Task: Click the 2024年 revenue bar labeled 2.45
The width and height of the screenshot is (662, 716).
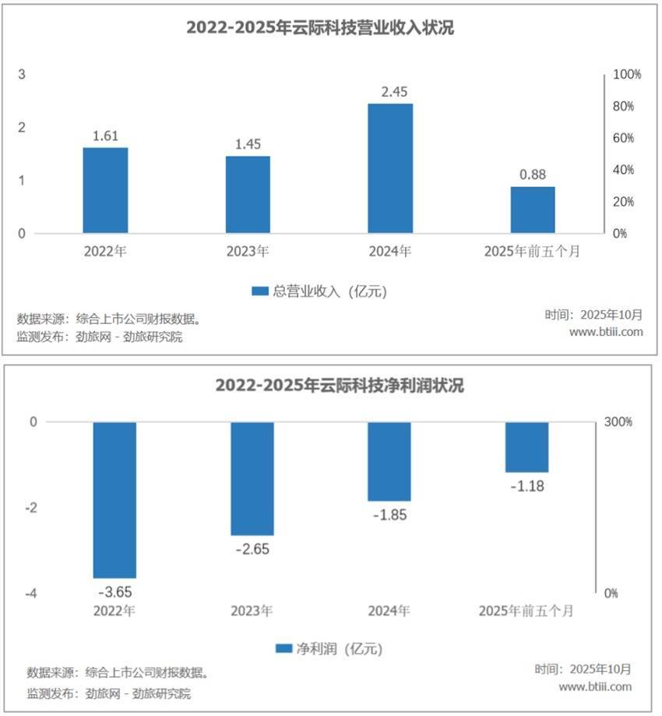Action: tap(390, 168)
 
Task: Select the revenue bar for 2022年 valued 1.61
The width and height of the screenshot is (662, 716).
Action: tap(105, 190)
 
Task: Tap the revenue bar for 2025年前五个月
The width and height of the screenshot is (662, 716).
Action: tap(533, 210)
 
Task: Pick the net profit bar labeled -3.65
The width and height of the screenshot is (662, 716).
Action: tap(114, 499)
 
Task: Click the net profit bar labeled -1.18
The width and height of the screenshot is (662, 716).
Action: tap(526, 447)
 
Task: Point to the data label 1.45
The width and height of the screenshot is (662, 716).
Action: tap(248, 144)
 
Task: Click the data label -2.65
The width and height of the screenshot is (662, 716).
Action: tap(252, 548)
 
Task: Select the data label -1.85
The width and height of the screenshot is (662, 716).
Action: tap(389, 515)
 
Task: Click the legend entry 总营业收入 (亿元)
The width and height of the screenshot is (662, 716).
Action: tap(319, 291)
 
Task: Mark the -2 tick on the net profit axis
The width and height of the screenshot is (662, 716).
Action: tap(31, 508)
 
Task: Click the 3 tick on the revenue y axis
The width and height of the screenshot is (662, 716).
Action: tap(23, 75)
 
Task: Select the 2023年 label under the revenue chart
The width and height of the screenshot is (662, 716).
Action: tap(248, 252)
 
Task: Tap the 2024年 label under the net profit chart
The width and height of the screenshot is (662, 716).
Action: tap(389, 611)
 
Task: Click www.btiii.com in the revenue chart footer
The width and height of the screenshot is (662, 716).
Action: tap(606, 332)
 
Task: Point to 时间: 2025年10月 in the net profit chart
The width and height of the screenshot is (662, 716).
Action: tap(583, 669)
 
